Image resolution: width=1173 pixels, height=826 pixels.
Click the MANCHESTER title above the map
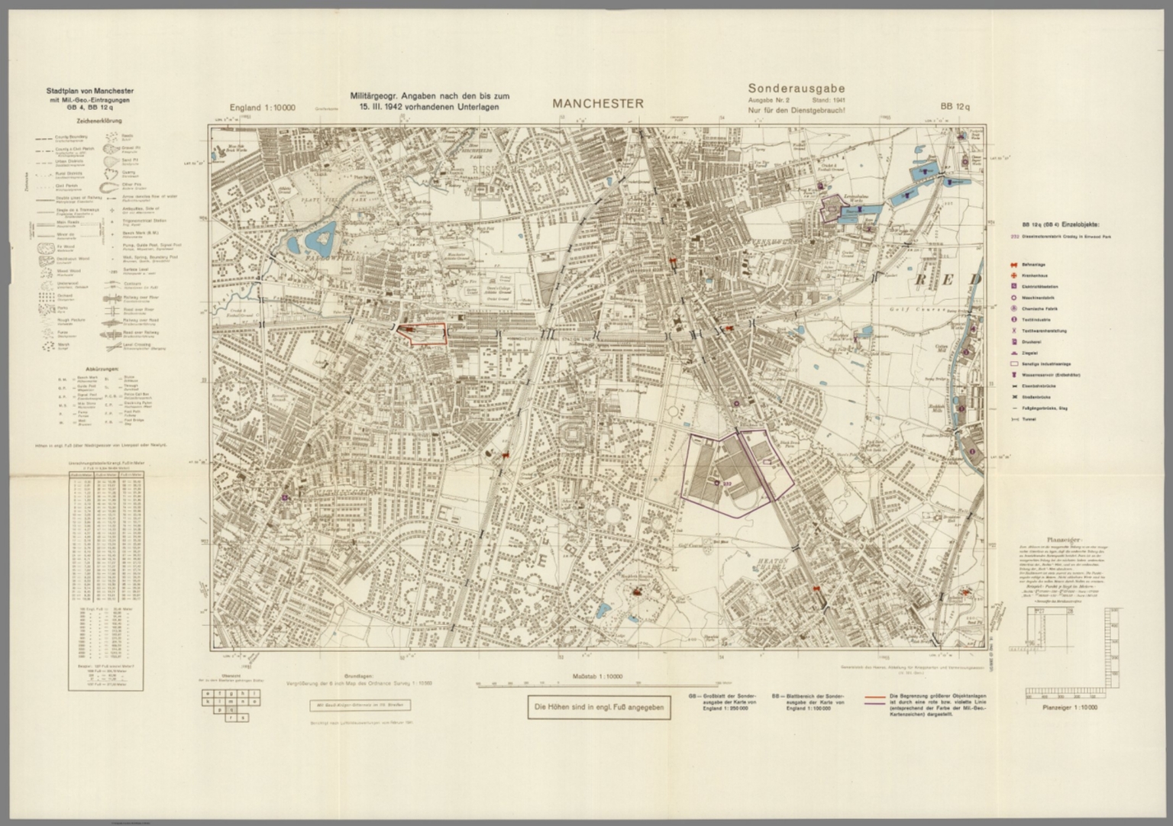point(598,104)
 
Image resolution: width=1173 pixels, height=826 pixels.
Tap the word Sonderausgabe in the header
point(796,89)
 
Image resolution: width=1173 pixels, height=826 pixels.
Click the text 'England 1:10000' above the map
point(262,108)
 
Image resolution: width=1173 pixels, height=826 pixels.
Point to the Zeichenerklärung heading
point(99,121)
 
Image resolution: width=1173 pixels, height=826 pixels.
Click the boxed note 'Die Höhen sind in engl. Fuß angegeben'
point(599,708)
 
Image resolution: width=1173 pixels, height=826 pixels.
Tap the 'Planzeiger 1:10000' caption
point(1068,708)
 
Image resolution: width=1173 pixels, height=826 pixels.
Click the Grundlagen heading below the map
point(358,676)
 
